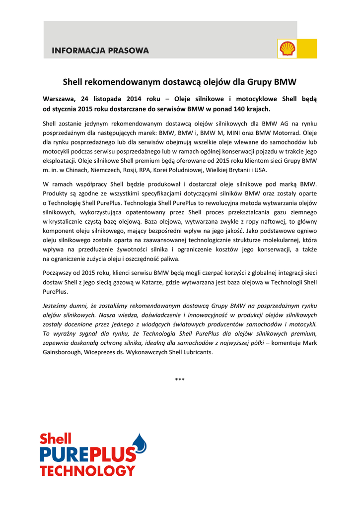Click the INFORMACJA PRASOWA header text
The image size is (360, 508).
(100, 51)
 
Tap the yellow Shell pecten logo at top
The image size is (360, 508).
(288, 49)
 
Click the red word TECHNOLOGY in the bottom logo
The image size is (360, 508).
(88, 470)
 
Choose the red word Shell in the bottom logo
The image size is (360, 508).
(55, 439)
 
